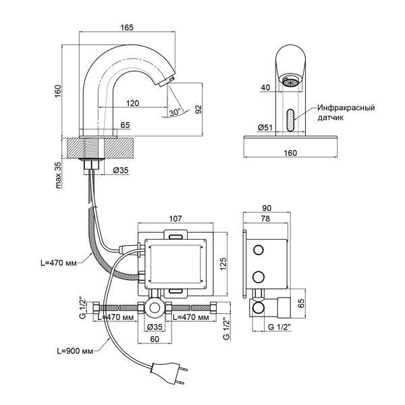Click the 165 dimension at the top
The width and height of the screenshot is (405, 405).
(x=127, y=28)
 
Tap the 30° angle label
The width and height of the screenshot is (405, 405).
(x=175, y=112)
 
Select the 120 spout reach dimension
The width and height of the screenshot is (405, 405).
(x=132, y=103)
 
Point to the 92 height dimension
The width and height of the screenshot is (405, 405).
(x=198, y=109)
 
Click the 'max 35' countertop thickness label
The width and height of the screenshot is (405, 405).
(x=59, y=175)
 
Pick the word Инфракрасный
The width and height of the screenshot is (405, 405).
(x=346, y=107)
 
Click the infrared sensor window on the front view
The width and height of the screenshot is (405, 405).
(x=290, y=121)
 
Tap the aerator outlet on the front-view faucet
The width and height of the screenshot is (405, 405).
(x=290, y=82)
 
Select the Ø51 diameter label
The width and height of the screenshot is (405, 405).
(x=265, y=128)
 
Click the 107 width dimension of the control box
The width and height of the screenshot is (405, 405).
(x=175, y=219)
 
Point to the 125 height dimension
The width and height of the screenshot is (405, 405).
(x=223, y=263)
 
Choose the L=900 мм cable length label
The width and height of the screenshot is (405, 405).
(x=75, y=351)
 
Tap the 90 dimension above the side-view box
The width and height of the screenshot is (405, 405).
(x=267, y=208)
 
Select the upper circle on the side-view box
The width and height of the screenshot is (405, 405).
(x=259, y=250)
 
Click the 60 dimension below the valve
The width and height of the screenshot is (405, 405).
(x=155, y=339)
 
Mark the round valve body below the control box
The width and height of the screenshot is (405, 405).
(x=155, y=308)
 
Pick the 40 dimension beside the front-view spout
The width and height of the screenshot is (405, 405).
(x=265, y=88)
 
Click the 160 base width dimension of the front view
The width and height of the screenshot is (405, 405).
(x=290, y=153)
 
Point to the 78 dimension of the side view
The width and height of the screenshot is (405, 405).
(x=265, y=219)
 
